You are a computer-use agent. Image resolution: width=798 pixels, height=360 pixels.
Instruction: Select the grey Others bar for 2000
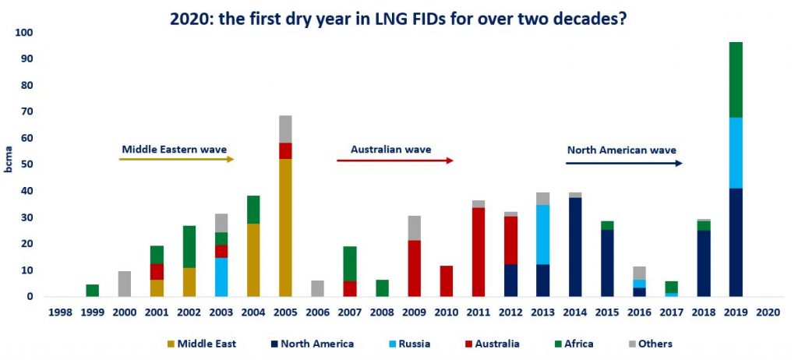pyautogui.click(x=125, y=284)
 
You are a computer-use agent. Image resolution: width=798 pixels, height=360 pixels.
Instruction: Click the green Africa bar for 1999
pyautogui.click(x=92, y=290)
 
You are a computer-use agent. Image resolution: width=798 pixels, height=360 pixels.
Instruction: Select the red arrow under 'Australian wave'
pyautogui.click(x=394, y=161)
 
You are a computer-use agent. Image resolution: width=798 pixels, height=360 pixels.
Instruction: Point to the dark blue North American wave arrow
pyautogui.click(x=623, y=163)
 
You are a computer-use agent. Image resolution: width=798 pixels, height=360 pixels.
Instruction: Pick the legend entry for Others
pyautogui.click(x=649, y=343)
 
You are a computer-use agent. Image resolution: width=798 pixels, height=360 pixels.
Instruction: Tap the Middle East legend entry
pyautogui.click(x=203, y=343)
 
